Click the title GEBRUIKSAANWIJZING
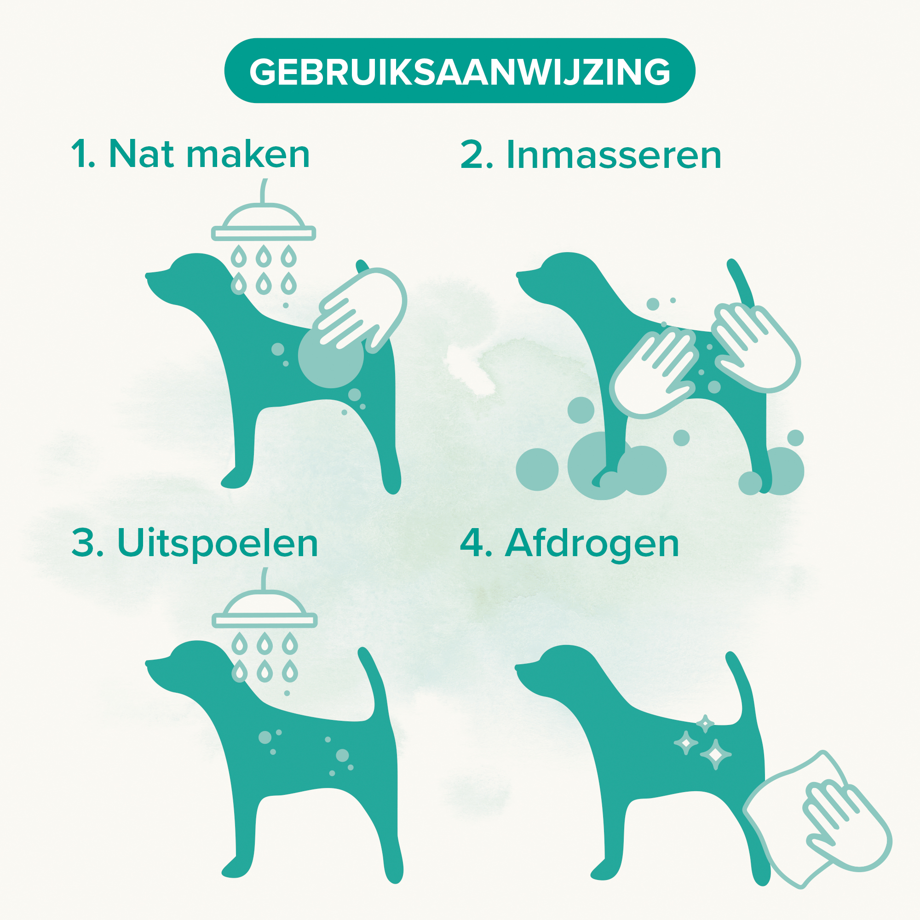[460, 71]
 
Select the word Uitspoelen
[217, 543]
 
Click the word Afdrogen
[592, 543]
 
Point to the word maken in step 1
[247, 155]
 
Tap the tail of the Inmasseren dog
[741, 286]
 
